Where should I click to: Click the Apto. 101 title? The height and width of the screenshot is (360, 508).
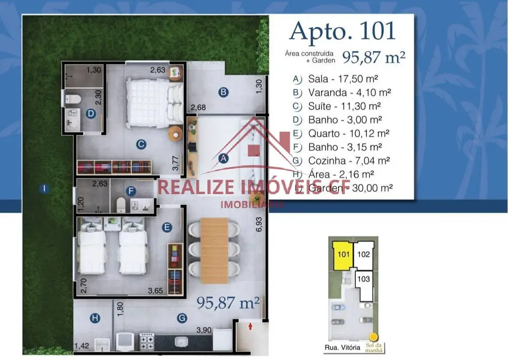tap(343, 31)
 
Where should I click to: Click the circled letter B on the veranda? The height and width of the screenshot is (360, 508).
tap(223, 92)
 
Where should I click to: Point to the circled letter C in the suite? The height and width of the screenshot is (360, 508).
tap(141, 145)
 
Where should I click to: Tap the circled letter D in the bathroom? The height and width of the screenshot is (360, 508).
tap(92, 114)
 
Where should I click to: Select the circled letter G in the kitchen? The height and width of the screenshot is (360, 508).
tap(181, 318)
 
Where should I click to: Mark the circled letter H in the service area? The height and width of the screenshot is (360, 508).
tap(95, 318)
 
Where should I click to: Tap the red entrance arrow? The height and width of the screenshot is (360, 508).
tap(250, 327)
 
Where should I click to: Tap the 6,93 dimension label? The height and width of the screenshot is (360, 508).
tap(258, 224)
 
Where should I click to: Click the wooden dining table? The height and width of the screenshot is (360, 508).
tap(214, 246)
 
